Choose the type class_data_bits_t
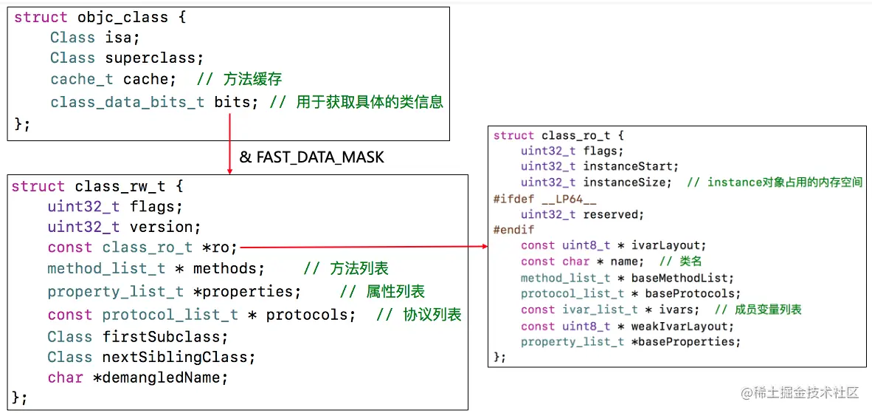(x=127, y=102)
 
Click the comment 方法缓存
(x=254, y=79)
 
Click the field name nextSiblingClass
(x=179, y=358)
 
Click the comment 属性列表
(x=395, y=292)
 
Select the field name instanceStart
(x=631, y=166)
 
